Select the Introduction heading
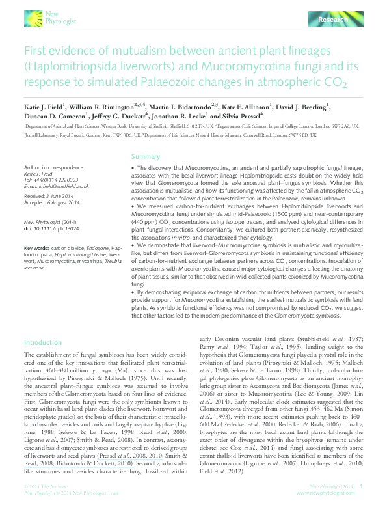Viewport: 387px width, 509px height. (x=42, y=343)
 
